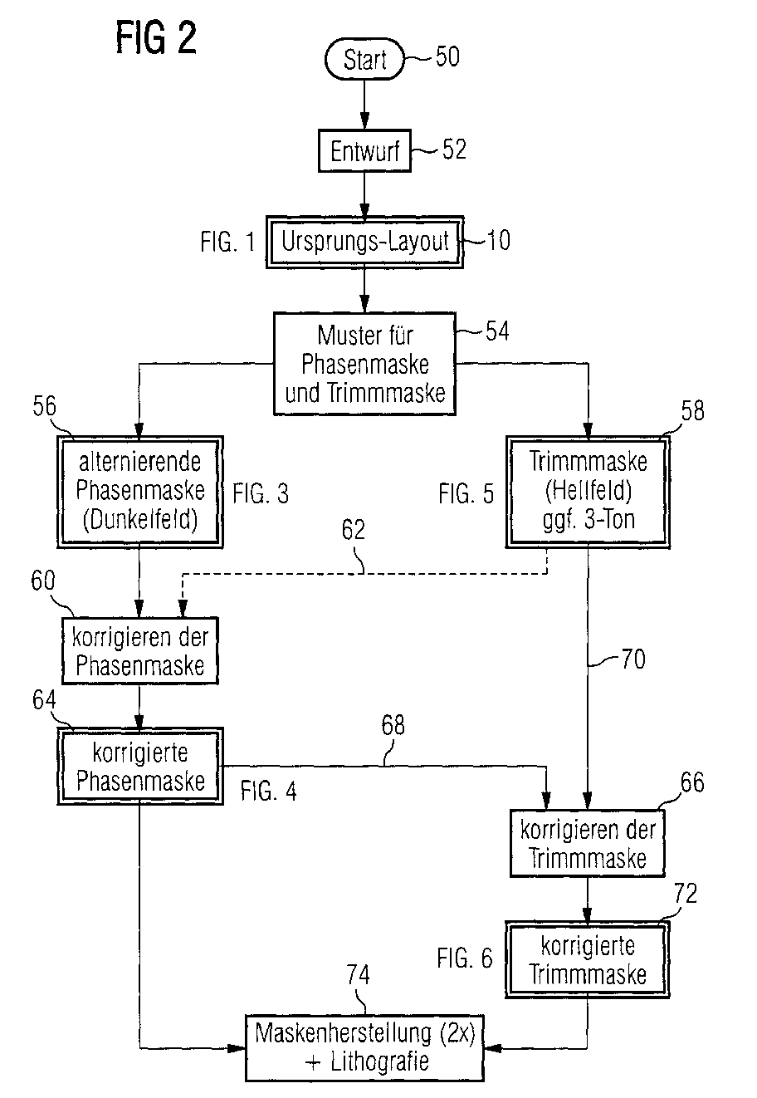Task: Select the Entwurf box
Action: pos(365,152)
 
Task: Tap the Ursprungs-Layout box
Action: pos(365,243)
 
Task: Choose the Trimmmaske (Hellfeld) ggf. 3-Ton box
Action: pos(588,491)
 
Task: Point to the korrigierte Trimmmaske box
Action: pos(589,959)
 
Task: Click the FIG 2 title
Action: pos(156,40)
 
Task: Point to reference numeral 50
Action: pos(447,57)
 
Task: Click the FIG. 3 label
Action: pos(261,493)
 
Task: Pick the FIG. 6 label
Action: pos(465,958)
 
